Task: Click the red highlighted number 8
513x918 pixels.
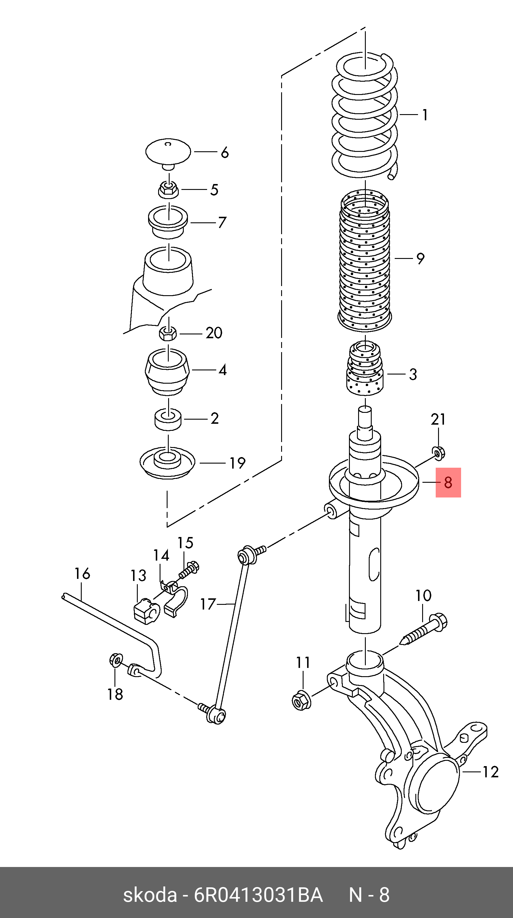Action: click(x=448, y=482)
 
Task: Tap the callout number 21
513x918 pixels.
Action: click(x=438, y=419)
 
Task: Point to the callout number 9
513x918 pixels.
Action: click(x=420, y=259)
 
